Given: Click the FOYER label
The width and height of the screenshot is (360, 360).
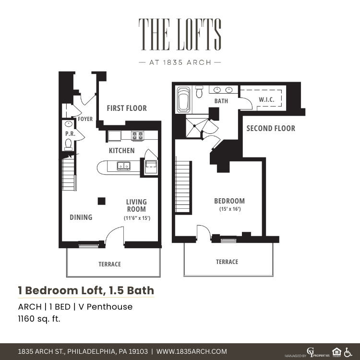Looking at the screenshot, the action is click(85, 119).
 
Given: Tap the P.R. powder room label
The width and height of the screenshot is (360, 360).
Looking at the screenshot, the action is click(70, 133).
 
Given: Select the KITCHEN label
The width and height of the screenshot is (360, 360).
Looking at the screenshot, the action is click(122, 151).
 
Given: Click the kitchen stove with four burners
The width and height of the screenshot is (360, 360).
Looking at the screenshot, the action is click(138, 136).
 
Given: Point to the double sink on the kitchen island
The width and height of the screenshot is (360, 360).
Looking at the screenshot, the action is click(124, 166).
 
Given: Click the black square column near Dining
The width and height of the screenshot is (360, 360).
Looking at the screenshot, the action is click(101, 201).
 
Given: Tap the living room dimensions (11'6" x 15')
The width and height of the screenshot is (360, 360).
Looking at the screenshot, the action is click(137, 218).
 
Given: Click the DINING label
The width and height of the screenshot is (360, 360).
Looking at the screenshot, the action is click(81, 217).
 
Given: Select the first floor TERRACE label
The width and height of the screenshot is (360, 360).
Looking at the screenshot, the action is click(110, 264).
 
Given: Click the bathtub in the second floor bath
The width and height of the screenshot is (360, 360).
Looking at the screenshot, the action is click(184, 100).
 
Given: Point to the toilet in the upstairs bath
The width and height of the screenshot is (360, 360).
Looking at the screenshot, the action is click(200, 92).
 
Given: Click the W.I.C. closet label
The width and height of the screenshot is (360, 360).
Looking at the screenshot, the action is click(266, 100).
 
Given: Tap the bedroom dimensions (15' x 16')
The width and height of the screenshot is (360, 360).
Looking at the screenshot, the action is click(230, 209).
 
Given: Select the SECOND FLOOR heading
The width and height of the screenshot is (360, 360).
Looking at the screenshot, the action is click(271, 128).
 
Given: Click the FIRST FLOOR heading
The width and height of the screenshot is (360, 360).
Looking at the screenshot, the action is click(127, 108).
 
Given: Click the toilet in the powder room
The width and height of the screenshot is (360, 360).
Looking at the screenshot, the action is click(69, 144).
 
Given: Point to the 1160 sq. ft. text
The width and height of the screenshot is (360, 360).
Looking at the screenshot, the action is click(39, 319).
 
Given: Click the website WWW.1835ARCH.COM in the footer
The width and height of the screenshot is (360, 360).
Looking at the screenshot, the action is click(192, 351).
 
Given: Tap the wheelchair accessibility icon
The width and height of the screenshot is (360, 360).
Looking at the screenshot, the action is click(348, 352).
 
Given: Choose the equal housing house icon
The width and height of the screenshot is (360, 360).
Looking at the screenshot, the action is click(336, 352).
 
